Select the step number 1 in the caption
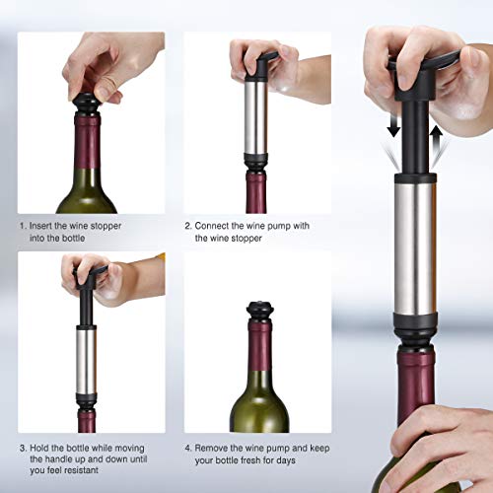(x=24, y=224)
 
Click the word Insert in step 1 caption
(x=45, y=224)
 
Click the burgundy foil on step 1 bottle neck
(x=87, y=148)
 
